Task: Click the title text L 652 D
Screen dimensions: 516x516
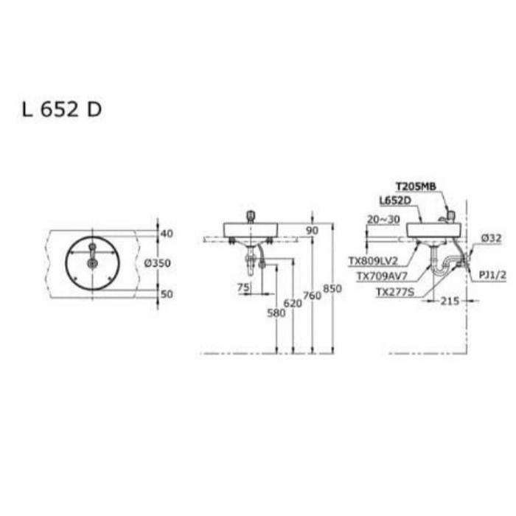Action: click(61, 109)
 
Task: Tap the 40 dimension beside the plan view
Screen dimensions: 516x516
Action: click(166, 234)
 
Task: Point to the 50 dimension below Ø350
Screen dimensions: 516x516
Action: click(166, 294)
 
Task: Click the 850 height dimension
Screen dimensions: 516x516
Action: click(332, 289)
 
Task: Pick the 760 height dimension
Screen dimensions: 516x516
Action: click(313, 296)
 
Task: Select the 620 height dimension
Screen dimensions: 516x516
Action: click(293, 303)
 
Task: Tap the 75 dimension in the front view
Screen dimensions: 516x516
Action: click(243, 288)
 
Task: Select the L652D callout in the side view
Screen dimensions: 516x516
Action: click(394, 200)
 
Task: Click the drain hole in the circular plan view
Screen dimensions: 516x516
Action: click(92, 262)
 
